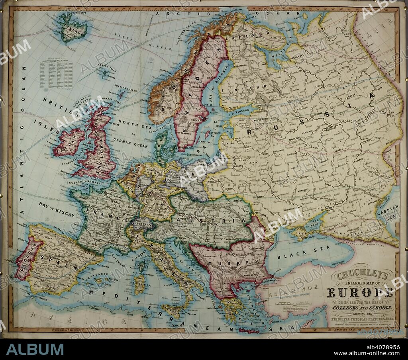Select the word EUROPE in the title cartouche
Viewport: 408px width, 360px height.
pyautogui.click(x=360, y=294)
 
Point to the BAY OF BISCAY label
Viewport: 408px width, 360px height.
pyautogui.click(x=57, y=209)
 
